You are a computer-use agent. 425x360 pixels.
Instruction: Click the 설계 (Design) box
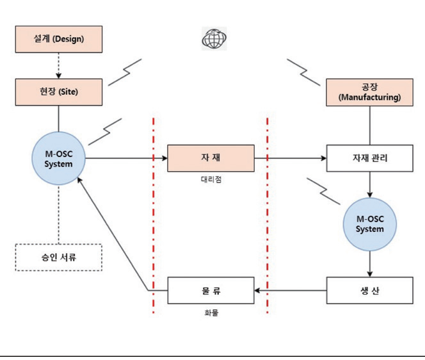(x=58, y=39)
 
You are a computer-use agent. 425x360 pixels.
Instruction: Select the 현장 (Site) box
(x=58, y=92)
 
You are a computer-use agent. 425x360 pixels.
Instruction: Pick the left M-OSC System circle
(x=59, y=158)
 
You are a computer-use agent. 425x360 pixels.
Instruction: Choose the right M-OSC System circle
(x=370, y=224)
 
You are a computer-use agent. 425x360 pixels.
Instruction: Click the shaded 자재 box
(x=211, y=158)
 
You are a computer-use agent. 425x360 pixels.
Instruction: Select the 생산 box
(x=370, y=290)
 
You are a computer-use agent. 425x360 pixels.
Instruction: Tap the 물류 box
(x=211, y=290)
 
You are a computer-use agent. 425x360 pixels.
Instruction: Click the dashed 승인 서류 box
(x=58, y=257)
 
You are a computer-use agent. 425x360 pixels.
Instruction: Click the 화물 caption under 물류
(x=211, y=314)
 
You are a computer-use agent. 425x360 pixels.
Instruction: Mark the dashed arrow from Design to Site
(x=58, y=65)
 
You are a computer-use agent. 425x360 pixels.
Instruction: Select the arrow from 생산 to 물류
(x=291, y=290)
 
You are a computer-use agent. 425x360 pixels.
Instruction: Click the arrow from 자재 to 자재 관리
(x=291, y=158)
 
